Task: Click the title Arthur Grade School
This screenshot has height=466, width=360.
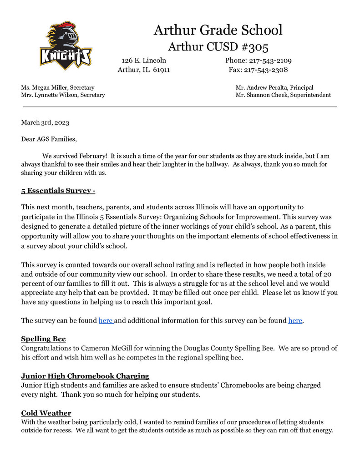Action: click(x=218, y=30)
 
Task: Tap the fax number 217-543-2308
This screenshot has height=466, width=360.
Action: click(x=266, y=70)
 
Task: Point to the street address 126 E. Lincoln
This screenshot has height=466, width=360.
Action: click(x=144, y=61)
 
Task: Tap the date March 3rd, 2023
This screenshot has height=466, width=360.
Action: click(x=45, y=122)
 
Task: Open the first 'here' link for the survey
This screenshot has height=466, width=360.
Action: click(x=106, y=321)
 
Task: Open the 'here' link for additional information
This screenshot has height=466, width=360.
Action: click(x=295, y=321)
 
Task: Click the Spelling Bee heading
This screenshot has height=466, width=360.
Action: click(x=43, y=339)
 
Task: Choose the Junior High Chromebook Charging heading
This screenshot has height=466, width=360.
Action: click(x=85, y=376)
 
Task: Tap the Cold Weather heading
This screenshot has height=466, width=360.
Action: click(x=46, y=413)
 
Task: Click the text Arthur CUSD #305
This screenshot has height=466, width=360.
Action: click(x=218, y=47)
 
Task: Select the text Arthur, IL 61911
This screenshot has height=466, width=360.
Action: click(x=144, y=70)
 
